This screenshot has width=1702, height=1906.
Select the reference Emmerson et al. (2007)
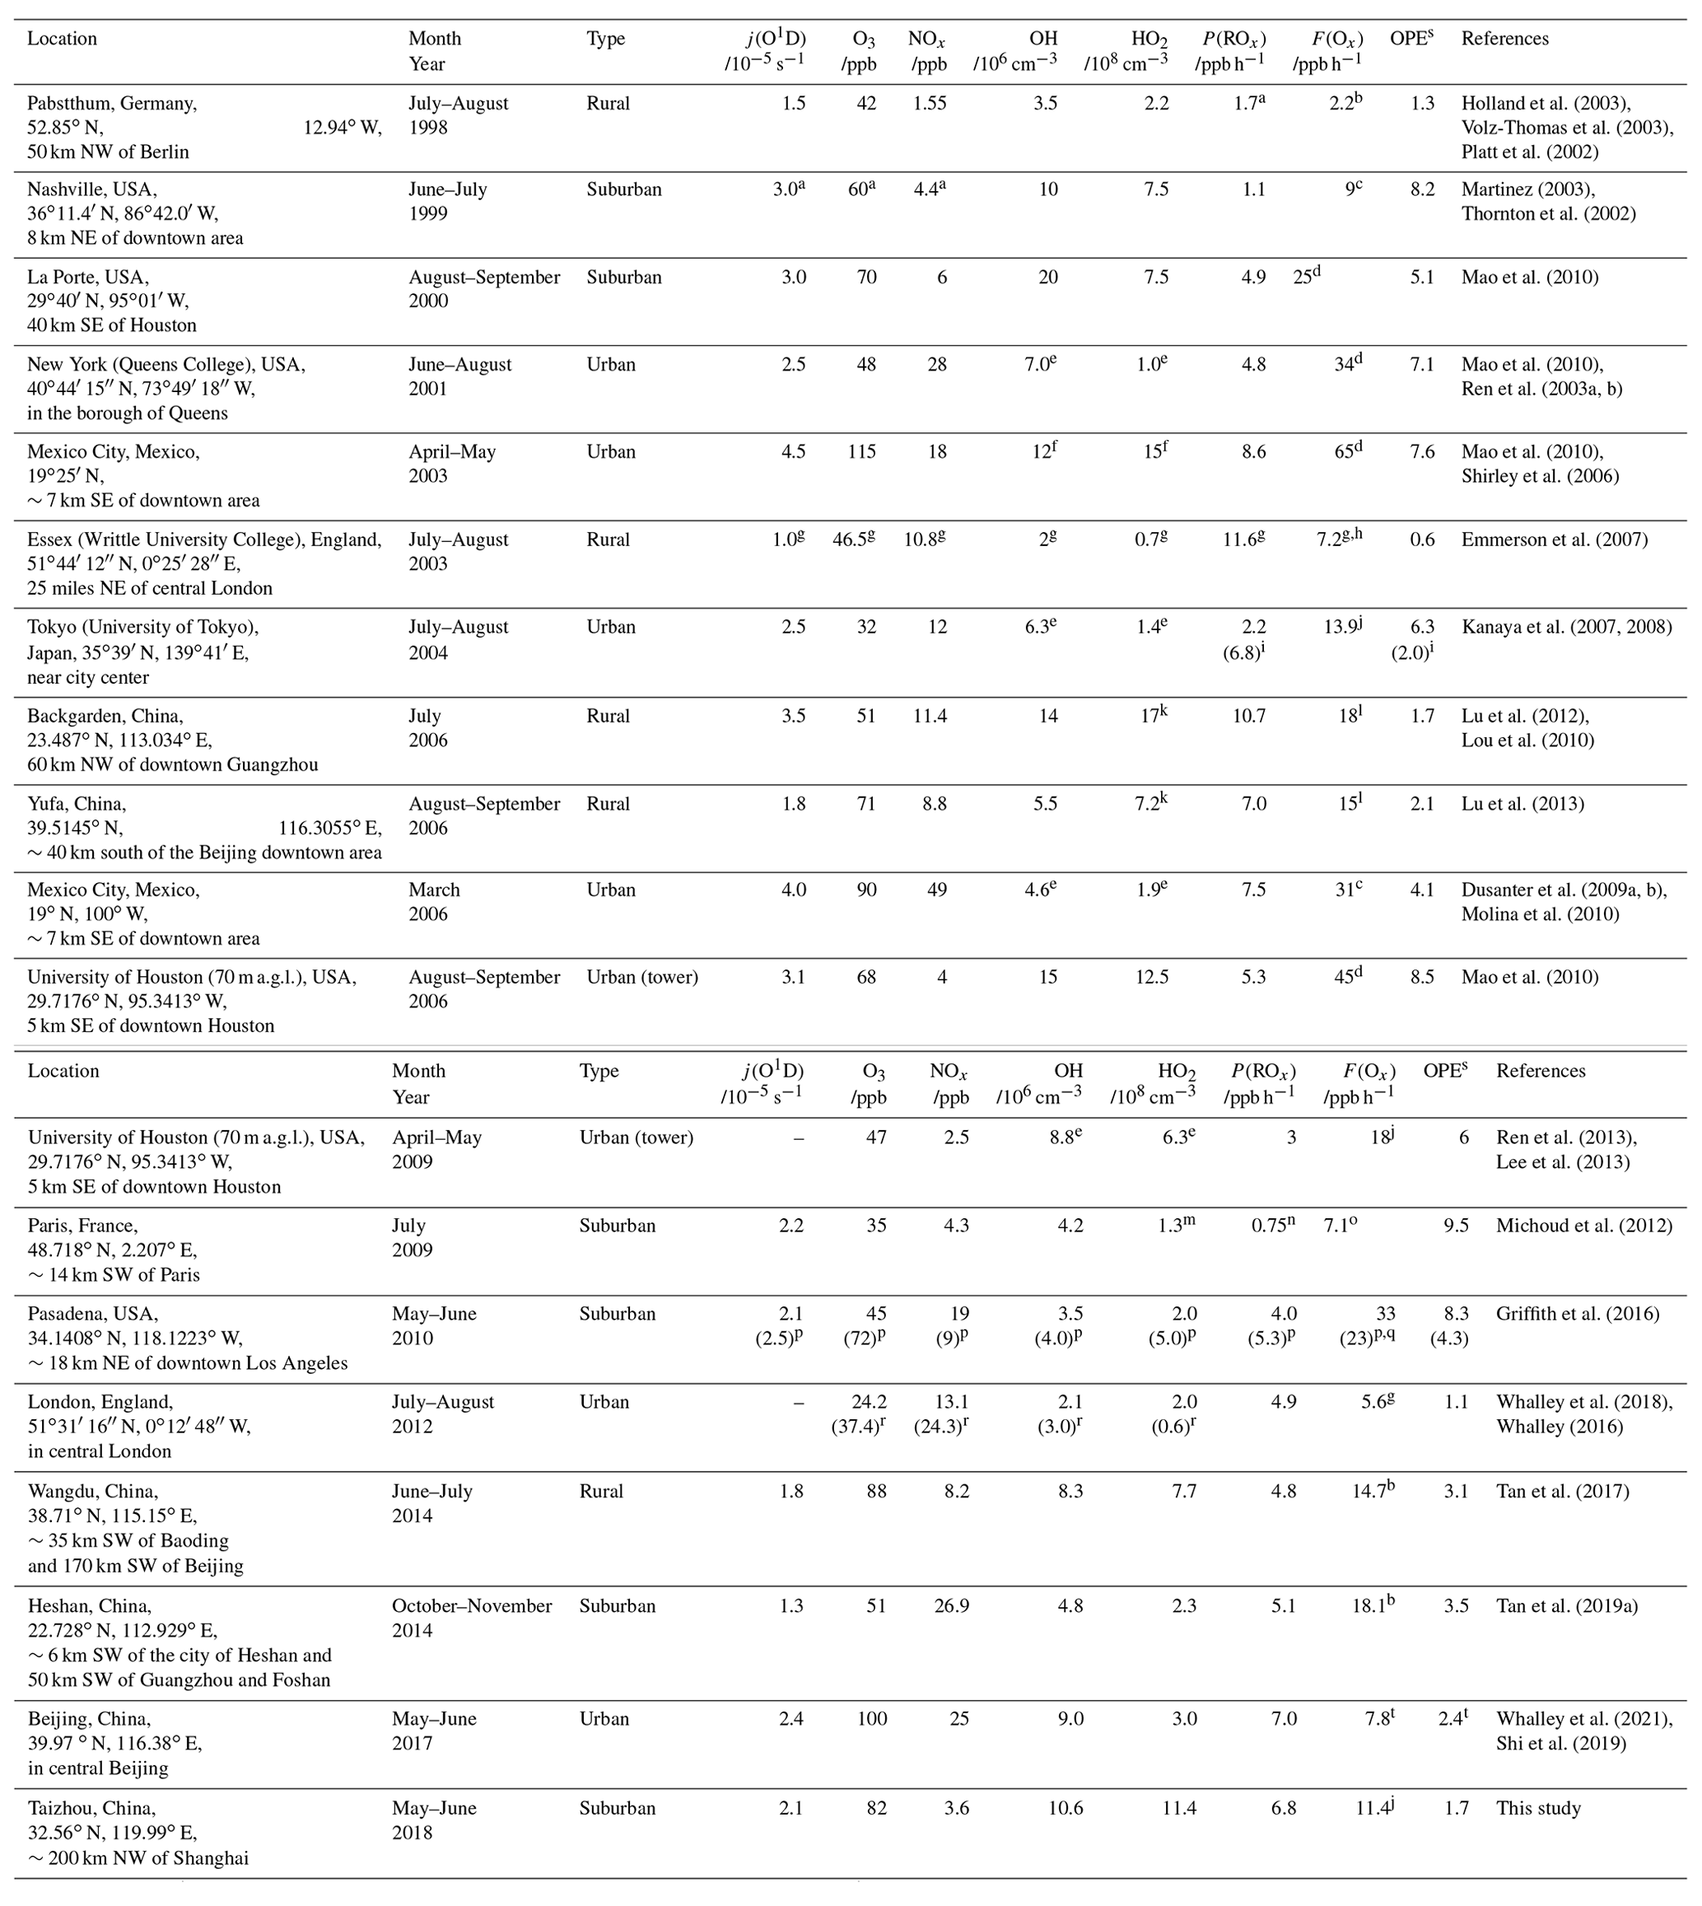(1555, 540)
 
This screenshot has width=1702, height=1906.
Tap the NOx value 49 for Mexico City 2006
(935, 890)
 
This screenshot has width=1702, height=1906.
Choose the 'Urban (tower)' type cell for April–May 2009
(636, 1138)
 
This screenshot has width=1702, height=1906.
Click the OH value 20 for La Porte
(1047, 278)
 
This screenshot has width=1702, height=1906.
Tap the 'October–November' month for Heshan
(473, 1607)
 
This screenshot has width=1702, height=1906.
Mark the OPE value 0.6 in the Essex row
(1421, 540)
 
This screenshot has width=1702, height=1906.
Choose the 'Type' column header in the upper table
(606, 40)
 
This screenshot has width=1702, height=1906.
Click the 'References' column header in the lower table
(1541, 1072)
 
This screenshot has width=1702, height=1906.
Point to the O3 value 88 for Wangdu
(876, 1492)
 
